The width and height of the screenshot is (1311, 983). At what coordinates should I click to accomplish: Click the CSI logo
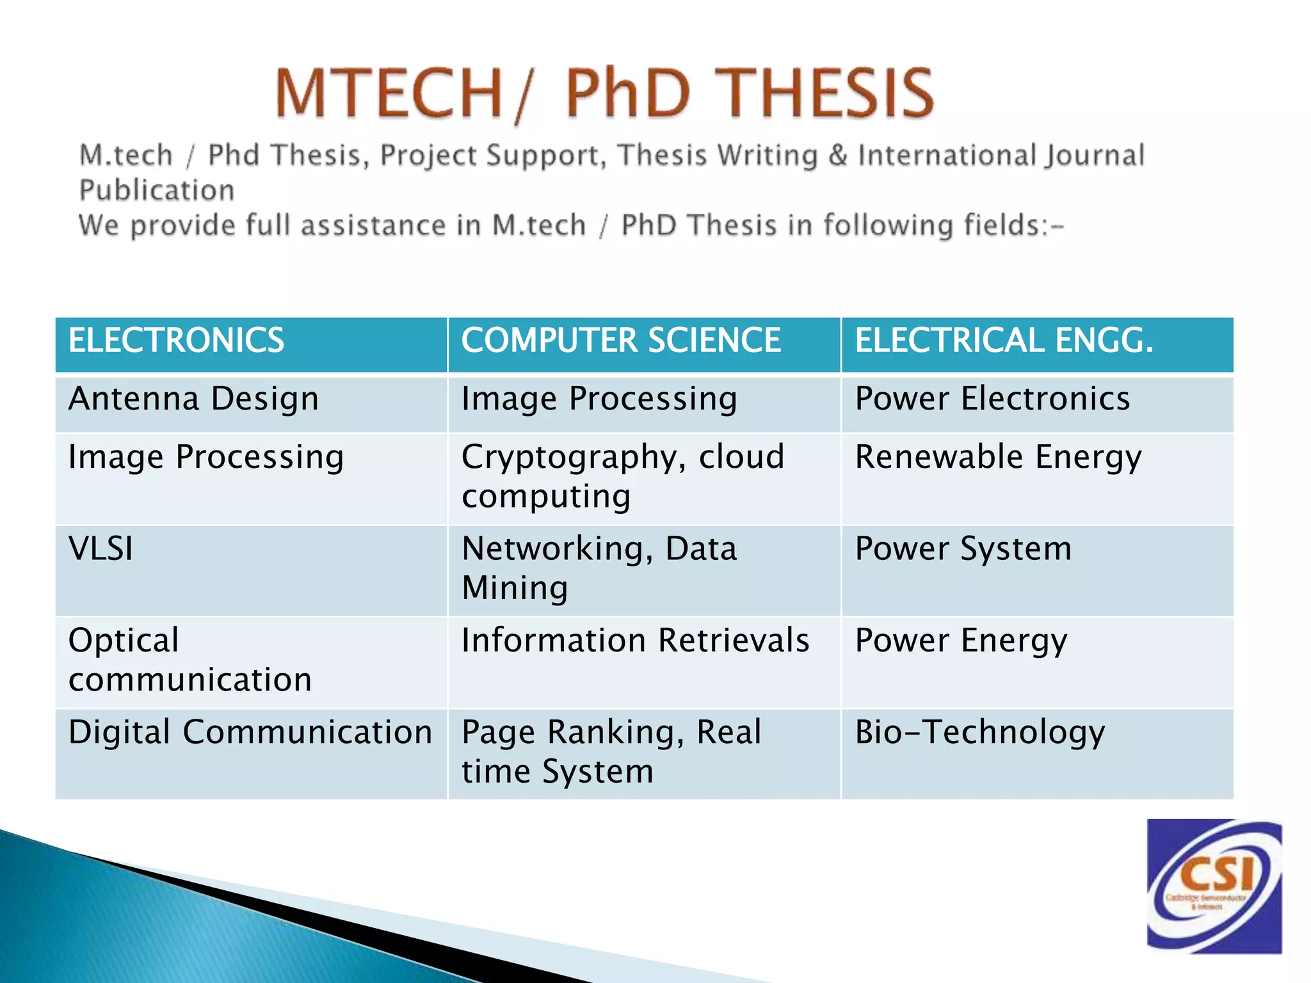point(1214,886)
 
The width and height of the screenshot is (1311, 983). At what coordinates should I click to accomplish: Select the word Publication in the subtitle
point(157,191)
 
